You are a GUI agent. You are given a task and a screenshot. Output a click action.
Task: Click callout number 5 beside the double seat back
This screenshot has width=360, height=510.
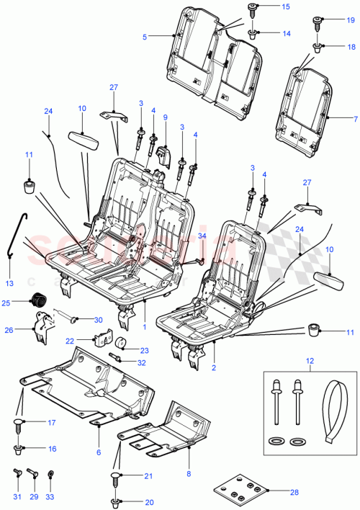pos(145,36)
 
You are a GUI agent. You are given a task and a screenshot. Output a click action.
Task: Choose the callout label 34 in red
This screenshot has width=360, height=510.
pos(202,236)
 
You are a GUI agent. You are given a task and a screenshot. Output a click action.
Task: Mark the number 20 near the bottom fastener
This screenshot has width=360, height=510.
pos(150,501)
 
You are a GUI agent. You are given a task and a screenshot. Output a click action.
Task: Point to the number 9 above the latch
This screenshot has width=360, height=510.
pos(165,117)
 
